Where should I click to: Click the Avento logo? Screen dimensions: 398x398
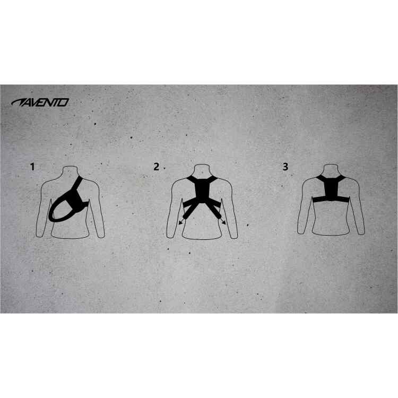click(x=40, y=102)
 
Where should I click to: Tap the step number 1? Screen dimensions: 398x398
click(x=32, y=167)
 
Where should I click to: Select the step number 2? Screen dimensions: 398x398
click(x=157, y=167)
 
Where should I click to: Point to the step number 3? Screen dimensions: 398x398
click(x=285, y=167)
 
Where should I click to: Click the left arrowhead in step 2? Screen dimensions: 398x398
click(x=180, y=222)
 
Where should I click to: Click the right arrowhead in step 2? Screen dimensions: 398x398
click(x=223, y=222)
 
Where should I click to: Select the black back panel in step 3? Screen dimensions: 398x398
click(x=332, y=188)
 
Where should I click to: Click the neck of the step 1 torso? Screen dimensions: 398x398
click(x=70, y=170)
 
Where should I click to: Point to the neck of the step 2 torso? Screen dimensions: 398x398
click(x=202, y=169)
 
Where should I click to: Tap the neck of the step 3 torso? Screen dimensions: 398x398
click(x=331, y=169)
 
